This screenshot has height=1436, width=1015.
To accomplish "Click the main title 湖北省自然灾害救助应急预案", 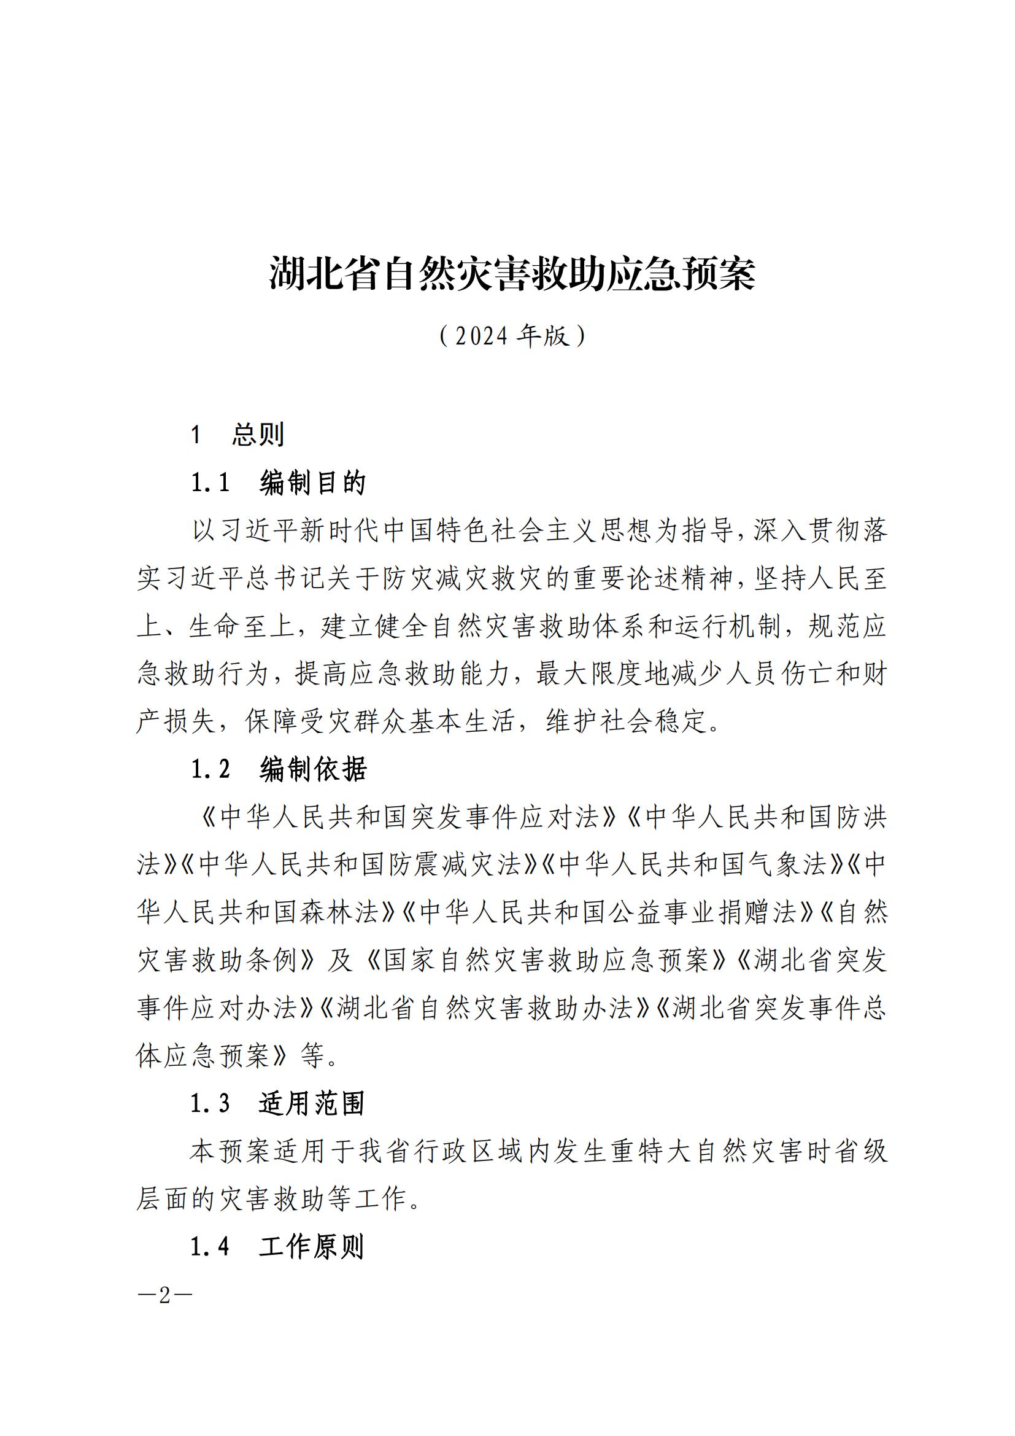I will (512, 274).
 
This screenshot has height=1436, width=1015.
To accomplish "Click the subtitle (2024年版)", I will (512, 336).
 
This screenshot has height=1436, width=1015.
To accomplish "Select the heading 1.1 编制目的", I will (278, 482).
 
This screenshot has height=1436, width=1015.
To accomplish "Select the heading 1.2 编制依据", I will (279, 769).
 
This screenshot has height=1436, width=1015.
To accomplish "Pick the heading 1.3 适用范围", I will (277, 1104).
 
